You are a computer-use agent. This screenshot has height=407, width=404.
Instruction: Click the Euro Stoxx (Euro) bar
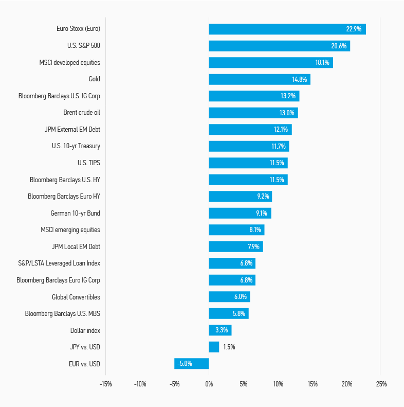(287, 29)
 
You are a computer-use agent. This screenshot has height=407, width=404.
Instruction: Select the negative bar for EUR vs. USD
(192, 364)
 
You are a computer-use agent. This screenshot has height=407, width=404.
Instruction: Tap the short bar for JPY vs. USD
(214, 347)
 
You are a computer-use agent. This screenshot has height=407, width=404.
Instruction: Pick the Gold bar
(260, 79)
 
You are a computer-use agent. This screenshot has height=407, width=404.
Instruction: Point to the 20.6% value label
(339, 46)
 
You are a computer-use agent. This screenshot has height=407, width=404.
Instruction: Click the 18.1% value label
(322, 62)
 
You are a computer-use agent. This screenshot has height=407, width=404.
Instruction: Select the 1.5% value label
(229, 347)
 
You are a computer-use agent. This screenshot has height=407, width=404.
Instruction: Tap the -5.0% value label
(185, 364)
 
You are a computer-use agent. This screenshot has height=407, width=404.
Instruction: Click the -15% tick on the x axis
(105, 384)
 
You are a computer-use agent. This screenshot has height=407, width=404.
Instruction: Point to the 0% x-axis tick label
(209, 384)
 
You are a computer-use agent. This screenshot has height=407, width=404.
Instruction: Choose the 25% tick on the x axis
(381, 384)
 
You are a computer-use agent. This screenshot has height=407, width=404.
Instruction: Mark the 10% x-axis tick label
(278, 384)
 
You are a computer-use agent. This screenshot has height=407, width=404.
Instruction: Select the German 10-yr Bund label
(75, 213)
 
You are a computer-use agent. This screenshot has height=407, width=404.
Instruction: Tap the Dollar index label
(85, 330)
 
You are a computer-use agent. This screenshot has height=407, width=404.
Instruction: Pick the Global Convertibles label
(76, 297)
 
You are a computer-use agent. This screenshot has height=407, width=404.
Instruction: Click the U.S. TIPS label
(88, 163)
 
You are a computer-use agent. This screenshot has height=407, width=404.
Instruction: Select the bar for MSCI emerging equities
(236, 230)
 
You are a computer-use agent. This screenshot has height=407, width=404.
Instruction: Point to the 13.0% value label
(287, 113)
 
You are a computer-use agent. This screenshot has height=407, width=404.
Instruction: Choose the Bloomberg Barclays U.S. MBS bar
(228, 313)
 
